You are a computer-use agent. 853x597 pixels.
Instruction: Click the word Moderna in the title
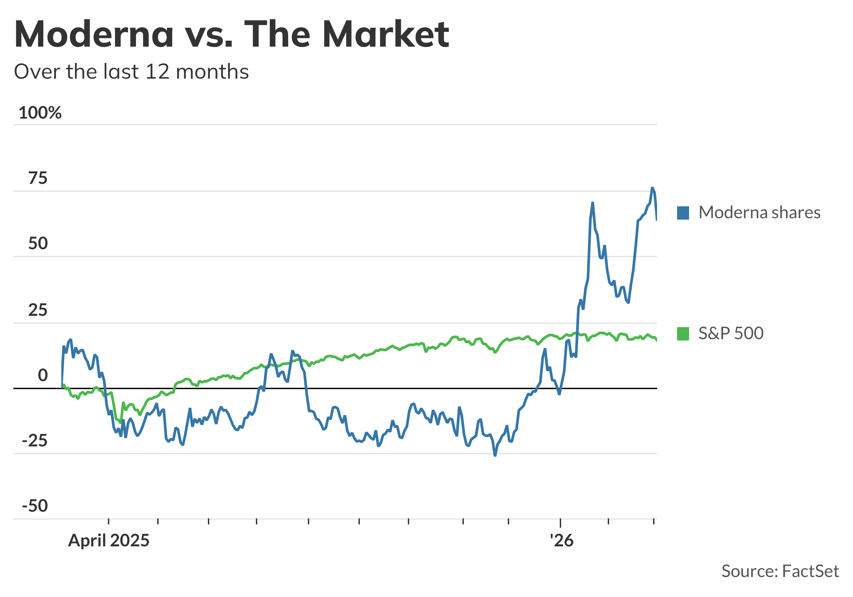94,34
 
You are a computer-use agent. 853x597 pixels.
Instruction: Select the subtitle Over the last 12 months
131,71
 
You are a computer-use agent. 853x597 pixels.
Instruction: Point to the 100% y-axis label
40,113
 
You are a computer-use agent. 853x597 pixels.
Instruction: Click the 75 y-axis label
38,178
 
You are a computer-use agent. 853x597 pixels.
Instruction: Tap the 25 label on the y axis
38,310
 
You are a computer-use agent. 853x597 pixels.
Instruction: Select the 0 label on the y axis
43,375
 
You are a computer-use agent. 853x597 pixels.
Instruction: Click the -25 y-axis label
35,441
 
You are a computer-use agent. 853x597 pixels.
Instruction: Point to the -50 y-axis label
35,506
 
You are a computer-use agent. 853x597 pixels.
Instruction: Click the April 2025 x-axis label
109,541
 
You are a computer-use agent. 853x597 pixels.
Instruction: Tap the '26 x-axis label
561,541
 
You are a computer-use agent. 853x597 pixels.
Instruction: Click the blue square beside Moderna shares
683,213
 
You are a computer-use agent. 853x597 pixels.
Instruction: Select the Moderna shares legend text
759,213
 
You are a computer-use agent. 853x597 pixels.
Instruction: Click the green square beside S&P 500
683,333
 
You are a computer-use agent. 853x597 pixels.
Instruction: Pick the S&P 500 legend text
731,333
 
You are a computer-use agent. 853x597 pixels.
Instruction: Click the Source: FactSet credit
780,571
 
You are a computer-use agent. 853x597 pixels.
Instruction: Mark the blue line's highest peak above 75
652,188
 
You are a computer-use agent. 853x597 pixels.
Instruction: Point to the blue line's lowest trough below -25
495,455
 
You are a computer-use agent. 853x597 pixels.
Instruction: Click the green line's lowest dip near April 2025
120,422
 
